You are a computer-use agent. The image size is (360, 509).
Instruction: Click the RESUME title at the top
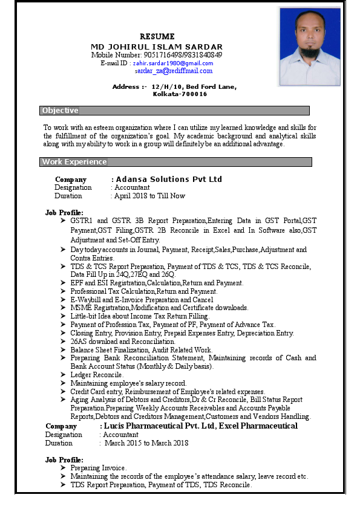click(157, 37)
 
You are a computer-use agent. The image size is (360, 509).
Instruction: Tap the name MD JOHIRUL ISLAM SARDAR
click(157, 47)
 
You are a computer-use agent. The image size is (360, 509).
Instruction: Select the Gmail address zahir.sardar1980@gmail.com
click(173, 63)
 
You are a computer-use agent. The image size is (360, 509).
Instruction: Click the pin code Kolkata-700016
click(180, 94)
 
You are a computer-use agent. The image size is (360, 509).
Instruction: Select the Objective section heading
click(60, 111)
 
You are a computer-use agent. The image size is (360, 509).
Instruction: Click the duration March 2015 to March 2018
click(147, 443)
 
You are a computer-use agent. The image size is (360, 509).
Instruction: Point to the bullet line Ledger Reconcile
click(97, 375)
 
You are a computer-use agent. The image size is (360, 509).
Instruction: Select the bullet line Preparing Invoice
click(98, 468)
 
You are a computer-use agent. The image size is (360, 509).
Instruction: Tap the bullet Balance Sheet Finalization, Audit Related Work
click(141, 350)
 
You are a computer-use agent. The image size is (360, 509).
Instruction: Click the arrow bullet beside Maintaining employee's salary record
click(64, 383)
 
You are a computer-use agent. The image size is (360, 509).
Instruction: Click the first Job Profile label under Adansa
click(64, 213)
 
